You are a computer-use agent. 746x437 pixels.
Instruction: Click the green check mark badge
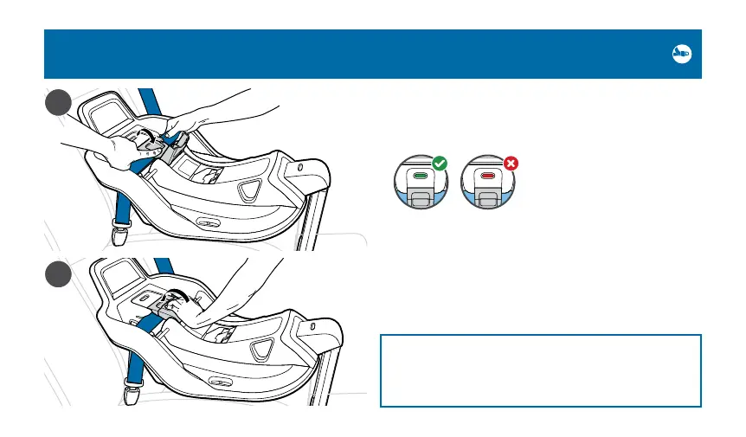coord(440,163)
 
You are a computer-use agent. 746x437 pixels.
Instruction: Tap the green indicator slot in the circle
coord(421,176)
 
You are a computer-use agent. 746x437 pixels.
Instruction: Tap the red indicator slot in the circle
coord(489,176)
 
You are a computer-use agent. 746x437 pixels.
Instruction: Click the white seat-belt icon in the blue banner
coord(681,54)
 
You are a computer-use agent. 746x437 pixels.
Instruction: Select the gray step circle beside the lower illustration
coord(58,278)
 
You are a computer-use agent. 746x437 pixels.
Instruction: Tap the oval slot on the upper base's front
coord(206,222)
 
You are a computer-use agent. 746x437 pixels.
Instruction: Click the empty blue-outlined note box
coord(540,370)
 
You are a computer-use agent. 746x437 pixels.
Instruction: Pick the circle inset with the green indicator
coord(421,182)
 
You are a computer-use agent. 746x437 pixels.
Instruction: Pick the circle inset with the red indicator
coord(490,182)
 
